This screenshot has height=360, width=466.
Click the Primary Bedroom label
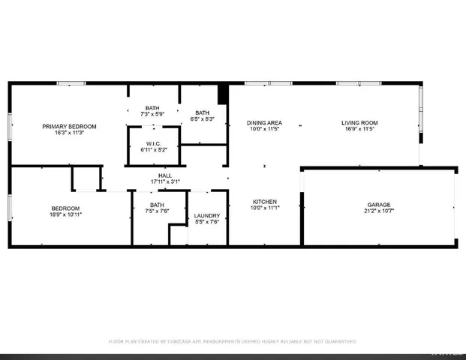(x=67, y=126)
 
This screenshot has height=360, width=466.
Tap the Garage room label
(x=379, y=204)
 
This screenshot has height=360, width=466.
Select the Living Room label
(x=359, y=122)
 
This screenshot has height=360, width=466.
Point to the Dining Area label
(x=265, y=122)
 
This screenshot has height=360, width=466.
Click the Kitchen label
(x=265, y=202)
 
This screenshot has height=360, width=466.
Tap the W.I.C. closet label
(x=153, y=143)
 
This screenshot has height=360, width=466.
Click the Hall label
(x=165, y=175)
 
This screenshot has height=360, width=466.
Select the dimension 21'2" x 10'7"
(x=379, y=211)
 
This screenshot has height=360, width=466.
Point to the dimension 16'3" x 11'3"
(x=67, y=133)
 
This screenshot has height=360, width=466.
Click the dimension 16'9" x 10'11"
(x=67, y=214)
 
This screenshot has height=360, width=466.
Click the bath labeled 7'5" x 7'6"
(x=157, y=211)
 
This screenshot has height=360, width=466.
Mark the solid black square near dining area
(x=222, y=94)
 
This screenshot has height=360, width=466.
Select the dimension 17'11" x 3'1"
(x=165, y=181)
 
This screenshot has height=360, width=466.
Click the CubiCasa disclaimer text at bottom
(x=232, y=341)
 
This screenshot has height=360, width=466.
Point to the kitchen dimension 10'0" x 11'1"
(x=265, y=208)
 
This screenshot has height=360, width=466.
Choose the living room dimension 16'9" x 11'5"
(x=359, y=129)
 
